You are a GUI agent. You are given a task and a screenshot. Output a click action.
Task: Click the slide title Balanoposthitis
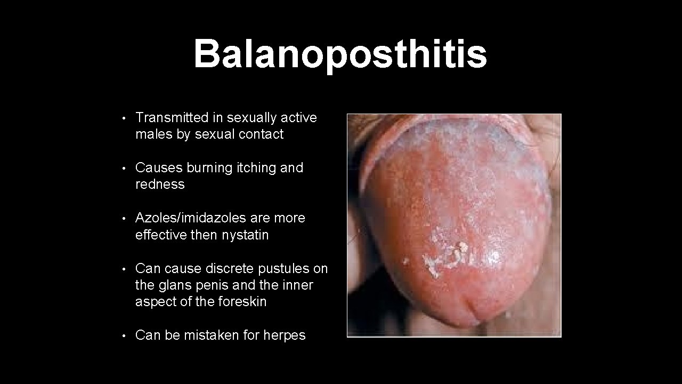click(x=340, y=54)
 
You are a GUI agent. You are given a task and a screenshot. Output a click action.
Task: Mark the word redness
click(x=160, y=185)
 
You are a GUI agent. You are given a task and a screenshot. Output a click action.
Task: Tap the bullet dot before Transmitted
click(x=123, y=118)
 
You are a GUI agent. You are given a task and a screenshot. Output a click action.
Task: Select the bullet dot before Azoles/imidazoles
click(x=123, y=219)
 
